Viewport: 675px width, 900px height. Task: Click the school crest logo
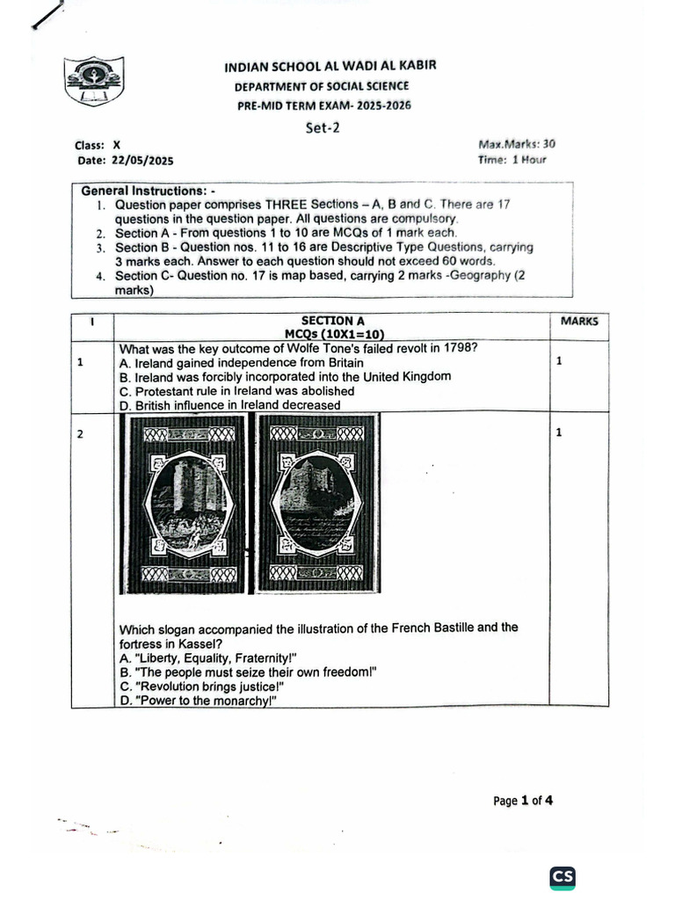[x=94, y=83]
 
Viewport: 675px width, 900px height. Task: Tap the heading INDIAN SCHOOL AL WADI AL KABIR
[x=330, y=66]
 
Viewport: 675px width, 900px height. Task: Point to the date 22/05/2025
[x=142, y=161]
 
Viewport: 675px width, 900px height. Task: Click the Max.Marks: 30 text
[x=517, y=144]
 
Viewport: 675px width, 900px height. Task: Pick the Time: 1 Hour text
[x=512, y=160]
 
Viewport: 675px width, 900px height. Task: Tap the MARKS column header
[x=578, y=322]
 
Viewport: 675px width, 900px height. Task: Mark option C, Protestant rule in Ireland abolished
[x=236, y=390]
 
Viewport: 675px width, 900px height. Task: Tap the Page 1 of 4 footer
[x=523, y=801]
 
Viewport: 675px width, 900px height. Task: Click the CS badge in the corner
[x=562, y=876]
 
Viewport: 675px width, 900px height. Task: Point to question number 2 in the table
[x=80, y=432]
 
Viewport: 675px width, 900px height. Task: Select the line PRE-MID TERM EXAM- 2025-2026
[x=324, y=105]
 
